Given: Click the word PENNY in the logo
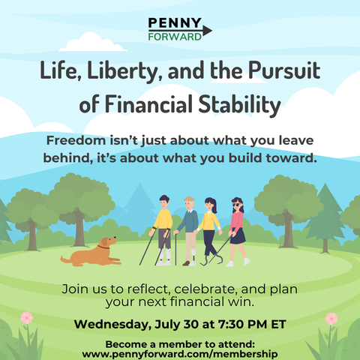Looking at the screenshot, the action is pos(175,23).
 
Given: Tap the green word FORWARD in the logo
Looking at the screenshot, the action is pos(175,37).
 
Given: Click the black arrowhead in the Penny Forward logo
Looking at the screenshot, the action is pos(207,31).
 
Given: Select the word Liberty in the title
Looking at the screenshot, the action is pos(122,70).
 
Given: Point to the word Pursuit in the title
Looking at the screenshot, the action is pos(284,70).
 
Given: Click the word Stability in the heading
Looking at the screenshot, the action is pos(239,104).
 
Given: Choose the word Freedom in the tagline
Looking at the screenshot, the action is pos(76,140).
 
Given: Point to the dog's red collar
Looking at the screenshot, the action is pos(103,247).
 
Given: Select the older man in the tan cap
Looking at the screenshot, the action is pos(188,231).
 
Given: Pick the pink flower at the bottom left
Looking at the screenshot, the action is pos(27,318).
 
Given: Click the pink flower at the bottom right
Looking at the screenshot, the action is pos(331,319).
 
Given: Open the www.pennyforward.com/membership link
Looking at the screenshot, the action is pos(180,354).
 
